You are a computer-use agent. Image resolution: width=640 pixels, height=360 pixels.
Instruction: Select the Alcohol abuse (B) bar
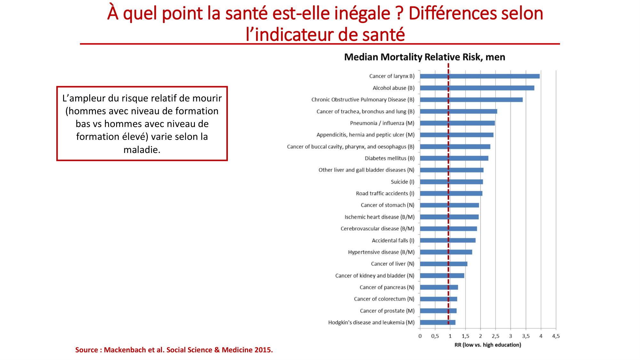(477, 88)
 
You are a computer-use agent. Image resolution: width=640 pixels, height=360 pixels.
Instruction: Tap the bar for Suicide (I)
(451, 182)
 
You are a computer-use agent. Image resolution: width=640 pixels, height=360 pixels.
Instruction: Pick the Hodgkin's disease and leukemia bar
(437, 323)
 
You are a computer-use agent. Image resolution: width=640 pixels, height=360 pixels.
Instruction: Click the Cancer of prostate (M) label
(387, 311)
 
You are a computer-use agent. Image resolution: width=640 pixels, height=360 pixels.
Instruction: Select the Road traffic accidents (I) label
(385, 194)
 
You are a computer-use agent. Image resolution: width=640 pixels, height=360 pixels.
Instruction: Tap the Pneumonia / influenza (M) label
(382, 123)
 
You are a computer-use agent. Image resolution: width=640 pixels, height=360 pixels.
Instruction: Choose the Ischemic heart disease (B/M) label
(379, 217)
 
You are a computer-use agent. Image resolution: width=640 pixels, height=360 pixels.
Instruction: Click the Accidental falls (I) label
(393, 240)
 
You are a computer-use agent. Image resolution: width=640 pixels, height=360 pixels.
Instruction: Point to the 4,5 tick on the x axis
(556, 336)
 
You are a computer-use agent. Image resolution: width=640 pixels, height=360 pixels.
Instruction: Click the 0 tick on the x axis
(420, 336)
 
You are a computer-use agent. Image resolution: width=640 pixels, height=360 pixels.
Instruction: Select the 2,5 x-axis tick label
(495, 336)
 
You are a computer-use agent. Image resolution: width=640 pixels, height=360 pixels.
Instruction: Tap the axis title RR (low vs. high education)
(488, 345)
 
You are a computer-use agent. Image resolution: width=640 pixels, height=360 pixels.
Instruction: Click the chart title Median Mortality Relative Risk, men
(424, 57)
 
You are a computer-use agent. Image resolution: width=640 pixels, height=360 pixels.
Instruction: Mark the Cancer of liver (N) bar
(444, 264)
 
